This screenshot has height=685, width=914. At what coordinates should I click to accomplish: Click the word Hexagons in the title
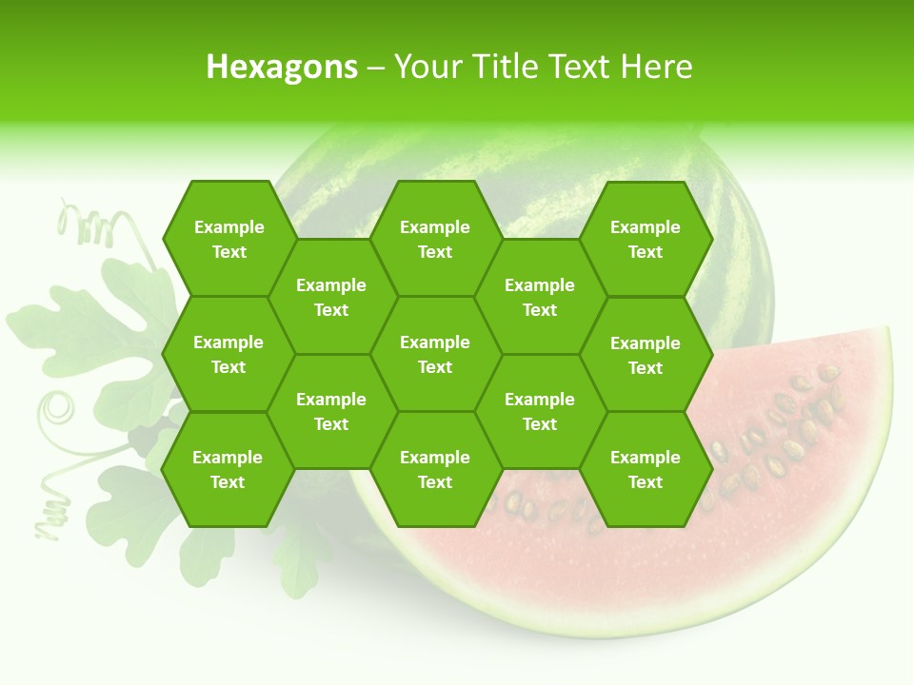282,67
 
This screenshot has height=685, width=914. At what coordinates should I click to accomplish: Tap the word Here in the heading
656,67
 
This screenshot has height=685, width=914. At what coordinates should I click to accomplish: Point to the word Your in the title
426,67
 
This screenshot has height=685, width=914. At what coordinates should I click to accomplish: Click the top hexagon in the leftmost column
228,239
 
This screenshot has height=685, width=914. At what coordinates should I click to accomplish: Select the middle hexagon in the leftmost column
228,354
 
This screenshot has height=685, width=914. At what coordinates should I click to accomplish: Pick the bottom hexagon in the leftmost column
228,469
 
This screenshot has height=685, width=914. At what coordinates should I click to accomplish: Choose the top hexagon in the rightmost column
646,239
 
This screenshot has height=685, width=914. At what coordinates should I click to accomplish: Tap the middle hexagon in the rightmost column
646,355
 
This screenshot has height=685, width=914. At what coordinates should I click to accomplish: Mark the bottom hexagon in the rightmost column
646,469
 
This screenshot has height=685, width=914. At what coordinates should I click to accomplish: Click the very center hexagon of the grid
435,354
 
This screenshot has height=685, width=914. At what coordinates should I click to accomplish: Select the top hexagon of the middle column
435,239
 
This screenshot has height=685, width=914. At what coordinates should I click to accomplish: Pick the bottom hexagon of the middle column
435,469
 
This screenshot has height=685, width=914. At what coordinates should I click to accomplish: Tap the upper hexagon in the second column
331,297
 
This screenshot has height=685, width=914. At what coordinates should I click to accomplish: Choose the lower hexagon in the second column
331,411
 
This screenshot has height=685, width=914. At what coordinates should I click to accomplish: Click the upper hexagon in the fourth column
540,297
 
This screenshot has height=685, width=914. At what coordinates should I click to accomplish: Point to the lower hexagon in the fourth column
540,411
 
